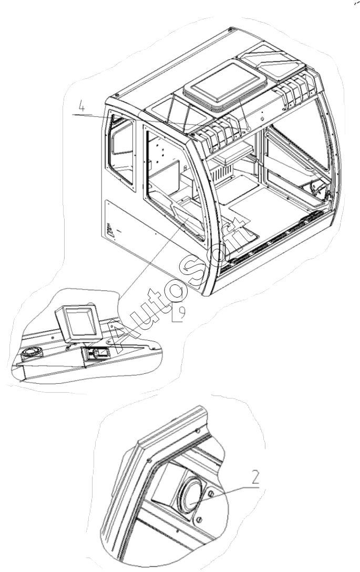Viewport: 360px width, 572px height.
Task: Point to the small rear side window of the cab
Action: [x=122, y=148]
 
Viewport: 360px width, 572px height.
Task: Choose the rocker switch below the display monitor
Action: [x=95, y=354]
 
